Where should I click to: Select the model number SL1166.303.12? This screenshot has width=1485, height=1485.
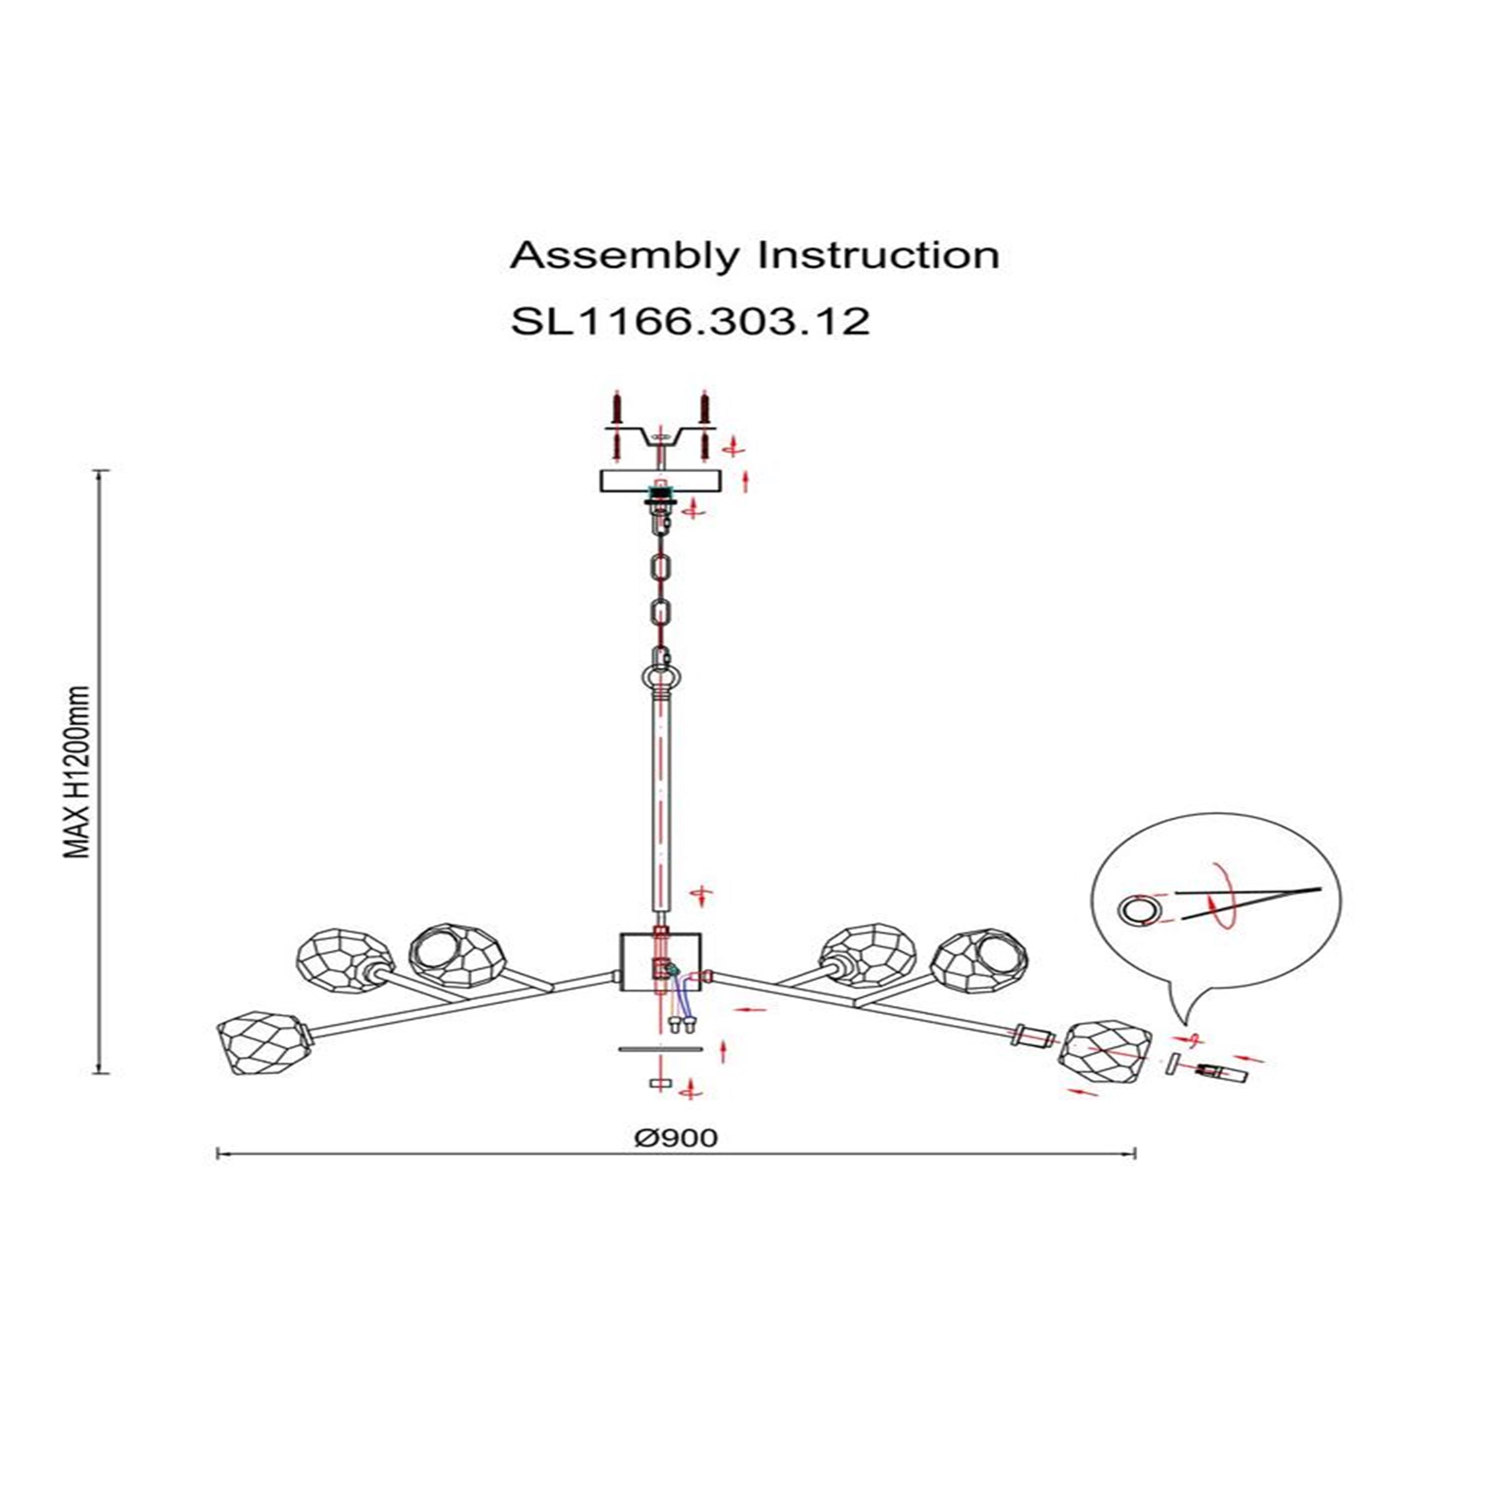click(x=690, y=321)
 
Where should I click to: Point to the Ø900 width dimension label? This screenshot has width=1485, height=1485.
click(x=676, y=1138)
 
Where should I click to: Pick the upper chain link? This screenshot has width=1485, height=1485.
click(x=661, y=572)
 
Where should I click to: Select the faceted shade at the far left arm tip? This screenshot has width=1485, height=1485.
click(x=261, y=1041)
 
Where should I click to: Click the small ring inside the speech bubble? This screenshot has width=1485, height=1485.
click(x=1134, y=912)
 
